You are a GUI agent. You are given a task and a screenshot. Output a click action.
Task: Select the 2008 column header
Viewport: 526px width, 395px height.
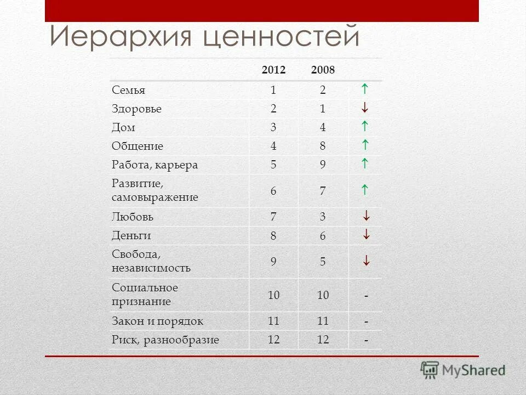323,70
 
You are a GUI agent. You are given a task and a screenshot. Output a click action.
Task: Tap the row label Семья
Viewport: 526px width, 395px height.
128,90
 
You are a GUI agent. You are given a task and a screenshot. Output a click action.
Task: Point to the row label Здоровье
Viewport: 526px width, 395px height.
136,109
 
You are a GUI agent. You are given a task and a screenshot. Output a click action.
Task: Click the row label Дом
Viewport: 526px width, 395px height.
123,128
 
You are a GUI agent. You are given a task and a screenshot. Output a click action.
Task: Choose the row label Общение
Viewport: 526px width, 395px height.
138,146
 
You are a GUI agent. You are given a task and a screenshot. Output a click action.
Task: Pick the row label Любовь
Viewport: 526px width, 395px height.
133,217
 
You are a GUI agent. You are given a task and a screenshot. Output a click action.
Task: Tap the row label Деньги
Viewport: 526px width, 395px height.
131,235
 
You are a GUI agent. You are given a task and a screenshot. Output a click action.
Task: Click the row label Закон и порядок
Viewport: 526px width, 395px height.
157,321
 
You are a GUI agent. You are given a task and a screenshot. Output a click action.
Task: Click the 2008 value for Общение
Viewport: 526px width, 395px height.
323,146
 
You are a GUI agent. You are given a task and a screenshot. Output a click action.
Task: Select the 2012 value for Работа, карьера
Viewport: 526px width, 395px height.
273,165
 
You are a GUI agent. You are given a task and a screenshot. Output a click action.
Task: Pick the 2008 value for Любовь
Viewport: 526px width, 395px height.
323,217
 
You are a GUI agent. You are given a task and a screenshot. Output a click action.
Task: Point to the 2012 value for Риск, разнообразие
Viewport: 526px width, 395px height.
273,340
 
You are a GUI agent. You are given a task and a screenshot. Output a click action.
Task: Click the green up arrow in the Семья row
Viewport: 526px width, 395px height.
365,89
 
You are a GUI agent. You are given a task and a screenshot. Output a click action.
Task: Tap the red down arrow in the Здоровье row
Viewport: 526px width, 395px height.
365,108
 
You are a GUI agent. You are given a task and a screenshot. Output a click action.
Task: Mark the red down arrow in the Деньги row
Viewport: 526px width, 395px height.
366,235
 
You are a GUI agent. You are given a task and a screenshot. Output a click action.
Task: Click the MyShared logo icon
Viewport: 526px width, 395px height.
430,370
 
